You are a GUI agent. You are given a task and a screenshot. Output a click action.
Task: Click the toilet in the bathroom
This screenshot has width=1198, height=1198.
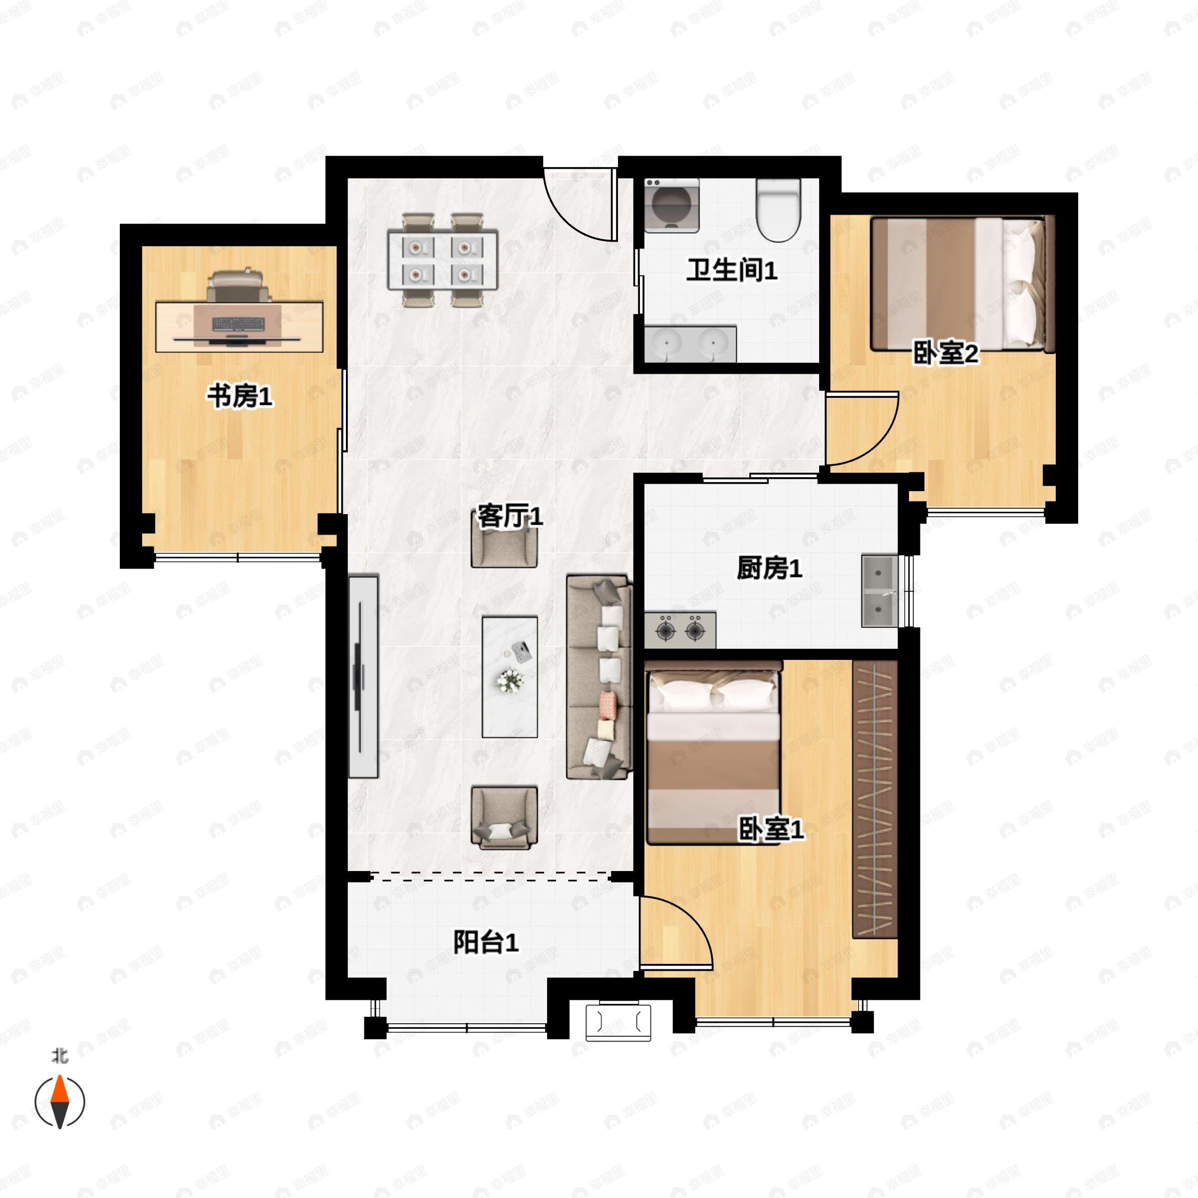click(x=779, y=210)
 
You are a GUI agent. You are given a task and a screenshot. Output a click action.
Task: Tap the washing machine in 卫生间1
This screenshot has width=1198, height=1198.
click(x=671, y=205)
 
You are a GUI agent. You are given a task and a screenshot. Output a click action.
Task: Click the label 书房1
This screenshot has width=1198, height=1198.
click(x=240, y=396)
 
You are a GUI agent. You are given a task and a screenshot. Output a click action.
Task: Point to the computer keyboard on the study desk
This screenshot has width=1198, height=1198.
click(x=238, y=323)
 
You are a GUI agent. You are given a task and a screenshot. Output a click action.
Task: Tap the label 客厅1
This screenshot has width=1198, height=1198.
click(x=510, y=516)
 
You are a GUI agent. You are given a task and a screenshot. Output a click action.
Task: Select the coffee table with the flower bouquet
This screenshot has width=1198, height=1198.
click(x=510, y=676)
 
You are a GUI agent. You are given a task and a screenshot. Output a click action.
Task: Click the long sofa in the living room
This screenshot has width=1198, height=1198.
click(x=599, y=676)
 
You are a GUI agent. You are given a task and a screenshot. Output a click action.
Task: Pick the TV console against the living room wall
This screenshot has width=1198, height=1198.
click(x=363, y=676)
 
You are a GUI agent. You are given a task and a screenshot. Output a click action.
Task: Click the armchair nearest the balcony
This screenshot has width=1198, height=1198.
click(x=504, y=817)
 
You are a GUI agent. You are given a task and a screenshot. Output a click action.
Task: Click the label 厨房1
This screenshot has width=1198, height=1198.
click(x=769, y=568)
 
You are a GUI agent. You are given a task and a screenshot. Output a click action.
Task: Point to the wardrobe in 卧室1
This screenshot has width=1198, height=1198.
click(x=875, y=800)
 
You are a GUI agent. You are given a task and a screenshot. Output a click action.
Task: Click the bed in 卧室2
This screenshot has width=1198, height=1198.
click(x=963, y=284)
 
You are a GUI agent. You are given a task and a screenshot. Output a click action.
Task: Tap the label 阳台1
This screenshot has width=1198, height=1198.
click(x=486, y=942)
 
